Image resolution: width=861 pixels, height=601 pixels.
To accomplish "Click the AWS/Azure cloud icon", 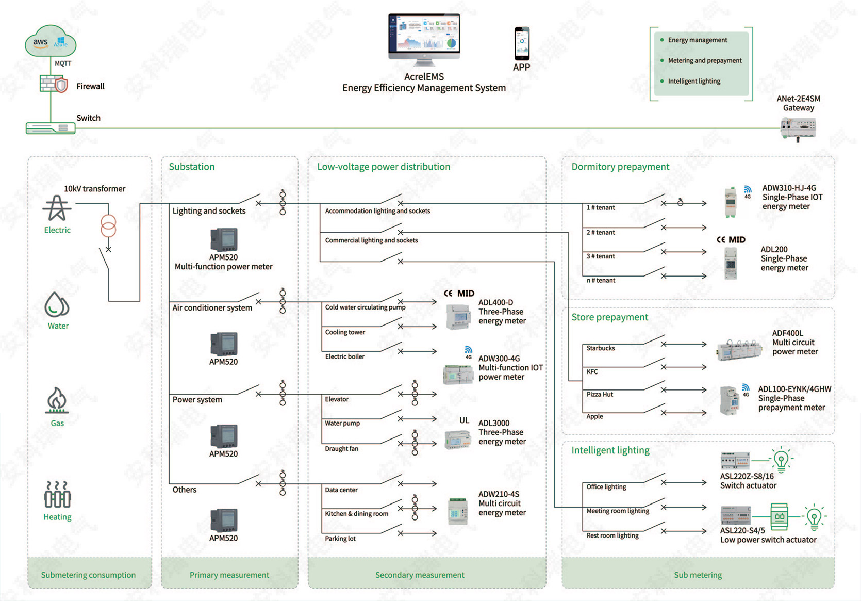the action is point(51,41).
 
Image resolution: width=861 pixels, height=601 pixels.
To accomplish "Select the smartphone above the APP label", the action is point(522,43).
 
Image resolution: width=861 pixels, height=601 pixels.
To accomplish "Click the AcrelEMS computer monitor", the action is point(424,39).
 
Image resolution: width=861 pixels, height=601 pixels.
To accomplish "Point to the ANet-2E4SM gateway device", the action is point(798,129).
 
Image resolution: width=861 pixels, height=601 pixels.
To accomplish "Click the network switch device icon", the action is point(51,128).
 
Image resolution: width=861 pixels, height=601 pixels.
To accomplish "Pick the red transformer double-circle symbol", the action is point(108,226).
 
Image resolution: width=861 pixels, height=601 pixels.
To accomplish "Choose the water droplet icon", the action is point(57,304).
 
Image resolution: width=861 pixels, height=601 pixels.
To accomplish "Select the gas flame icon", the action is point(57,400).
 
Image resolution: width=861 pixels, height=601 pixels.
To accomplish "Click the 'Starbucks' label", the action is point(601,348).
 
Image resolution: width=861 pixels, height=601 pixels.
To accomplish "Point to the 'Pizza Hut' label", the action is point(600,394).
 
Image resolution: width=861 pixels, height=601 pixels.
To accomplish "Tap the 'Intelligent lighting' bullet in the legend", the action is point(694,81).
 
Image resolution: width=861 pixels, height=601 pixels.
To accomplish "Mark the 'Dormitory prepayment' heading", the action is point(620,167).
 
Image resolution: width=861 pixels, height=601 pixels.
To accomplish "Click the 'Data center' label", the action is point(341,490).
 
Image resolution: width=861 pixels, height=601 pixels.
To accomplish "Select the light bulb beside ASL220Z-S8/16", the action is point(781,460).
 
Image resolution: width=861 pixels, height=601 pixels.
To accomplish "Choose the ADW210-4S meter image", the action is point(458,511).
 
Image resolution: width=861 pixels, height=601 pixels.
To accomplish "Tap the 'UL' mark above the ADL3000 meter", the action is point(465,420).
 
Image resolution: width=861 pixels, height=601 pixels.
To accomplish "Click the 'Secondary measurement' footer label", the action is point(420,575).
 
